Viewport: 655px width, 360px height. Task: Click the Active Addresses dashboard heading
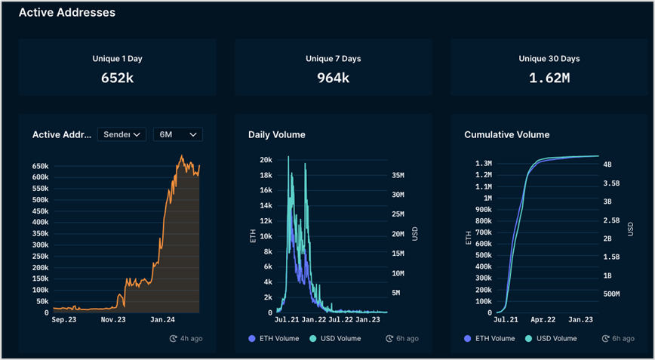click(66, 12)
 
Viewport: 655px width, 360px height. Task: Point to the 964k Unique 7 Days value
click(333, 77)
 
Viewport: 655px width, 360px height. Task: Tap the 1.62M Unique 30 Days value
click(549, 77)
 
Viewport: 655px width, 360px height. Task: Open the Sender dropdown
click(121, 134)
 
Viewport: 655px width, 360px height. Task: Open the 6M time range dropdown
click(177, 134)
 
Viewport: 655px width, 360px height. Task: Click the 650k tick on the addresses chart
click(40, 166)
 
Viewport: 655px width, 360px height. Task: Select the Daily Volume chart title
click(277, 135)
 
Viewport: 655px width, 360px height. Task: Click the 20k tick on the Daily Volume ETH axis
click(265, 160)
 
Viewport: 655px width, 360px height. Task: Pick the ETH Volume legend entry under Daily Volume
click(273, 338)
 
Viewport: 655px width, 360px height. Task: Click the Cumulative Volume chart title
click(506, 135)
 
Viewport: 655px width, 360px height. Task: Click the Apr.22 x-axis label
click(543, 319)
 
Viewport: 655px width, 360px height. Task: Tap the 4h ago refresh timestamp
click(186, 338)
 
